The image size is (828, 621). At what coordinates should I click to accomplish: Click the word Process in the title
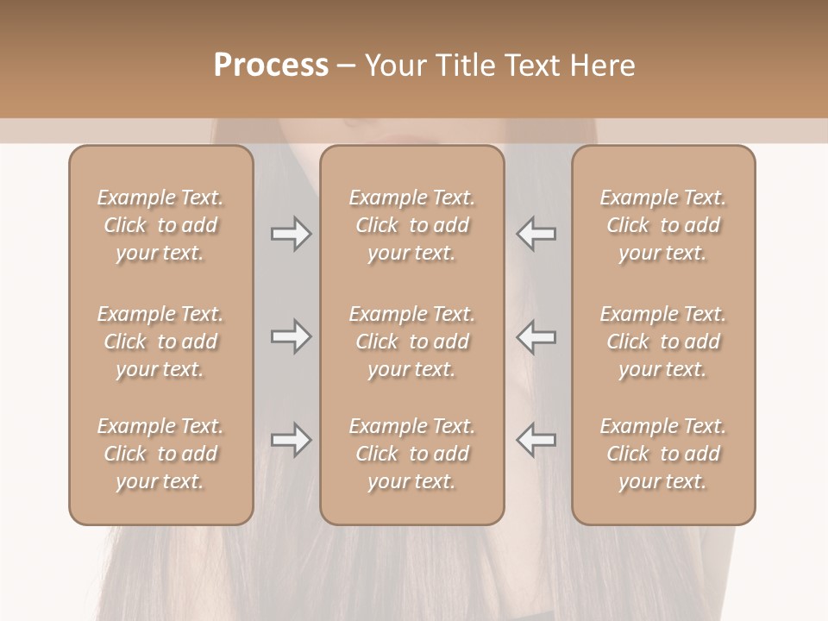click(271, 66)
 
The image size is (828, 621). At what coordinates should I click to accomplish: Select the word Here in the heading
click(603, 66)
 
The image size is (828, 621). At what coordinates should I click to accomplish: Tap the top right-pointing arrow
click(291, 234)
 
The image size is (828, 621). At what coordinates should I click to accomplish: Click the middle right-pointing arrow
click(291, 336)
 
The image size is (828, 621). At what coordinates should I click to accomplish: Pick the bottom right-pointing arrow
click(291, 440)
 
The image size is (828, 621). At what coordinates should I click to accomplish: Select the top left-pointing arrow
click(536, 234)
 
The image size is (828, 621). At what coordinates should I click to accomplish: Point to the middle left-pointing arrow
click(536, 336)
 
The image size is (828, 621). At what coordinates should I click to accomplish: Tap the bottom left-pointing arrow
click(536, 440)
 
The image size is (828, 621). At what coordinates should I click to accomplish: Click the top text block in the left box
click(160, 225)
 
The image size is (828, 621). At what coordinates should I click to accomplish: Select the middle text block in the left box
click(160, 342)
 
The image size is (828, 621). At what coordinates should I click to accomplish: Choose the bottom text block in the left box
click(160, 454)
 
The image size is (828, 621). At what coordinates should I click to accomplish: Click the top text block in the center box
click(412, 225)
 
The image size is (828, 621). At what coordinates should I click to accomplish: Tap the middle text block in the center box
click(412, 342)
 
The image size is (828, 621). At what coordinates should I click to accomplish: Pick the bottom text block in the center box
click(412, 454)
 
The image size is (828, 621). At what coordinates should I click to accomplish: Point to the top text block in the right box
click(663, 225)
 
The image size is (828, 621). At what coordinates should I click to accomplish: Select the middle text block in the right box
click(663, 342)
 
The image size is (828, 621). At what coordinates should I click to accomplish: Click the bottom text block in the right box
click(663, 454)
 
